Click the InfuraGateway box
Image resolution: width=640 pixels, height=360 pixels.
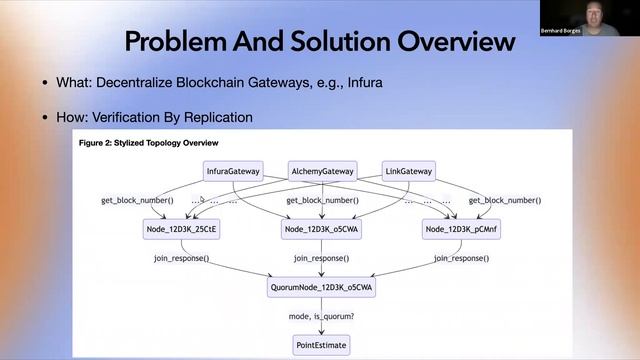coord(233,171)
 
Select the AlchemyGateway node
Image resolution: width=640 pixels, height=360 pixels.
coord(322,171)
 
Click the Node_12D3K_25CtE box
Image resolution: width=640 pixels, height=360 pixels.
coord(181,230)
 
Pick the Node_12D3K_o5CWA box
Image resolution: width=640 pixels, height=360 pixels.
coord(321,230)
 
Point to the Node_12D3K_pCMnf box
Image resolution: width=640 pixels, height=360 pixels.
coord(461,230)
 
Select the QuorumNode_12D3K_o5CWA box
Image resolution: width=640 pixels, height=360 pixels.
coord(321,287)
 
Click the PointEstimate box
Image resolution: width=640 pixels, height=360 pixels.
coord(321,344)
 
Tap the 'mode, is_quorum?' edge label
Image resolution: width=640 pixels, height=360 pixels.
coord(321,316)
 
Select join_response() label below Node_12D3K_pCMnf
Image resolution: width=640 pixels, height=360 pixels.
coord(461,259)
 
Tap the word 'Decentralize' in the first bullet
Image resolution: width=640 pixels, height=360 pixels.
coord(139,82)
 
